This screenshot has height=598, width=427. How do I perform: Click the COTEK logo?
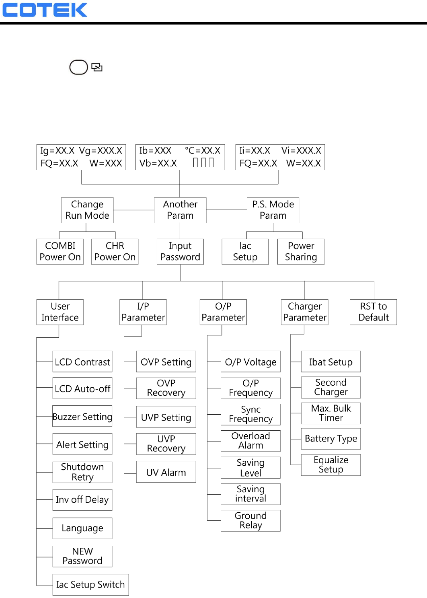(x=45, y=10)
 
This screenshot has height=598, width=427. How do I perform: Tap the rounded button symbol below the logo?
(x=79, y=67)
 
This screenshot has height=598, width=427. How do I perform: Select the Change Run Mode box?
(x=87, y=210)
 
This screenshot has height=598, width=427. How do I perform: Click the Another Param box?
(x=180, y=210)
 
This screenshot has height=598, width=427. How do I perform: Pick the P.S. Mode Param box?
(x=273, y=210)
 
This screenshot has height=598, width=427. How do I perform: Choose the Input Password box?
(x=180, y=252)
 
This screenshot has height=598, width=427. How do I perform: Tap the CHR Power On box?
(x=115, y=252)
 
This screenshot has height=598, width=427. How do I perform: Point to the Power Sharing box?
(x=301, y=252)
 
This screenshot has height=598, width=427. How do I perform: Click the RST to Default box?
(x=373, y=312)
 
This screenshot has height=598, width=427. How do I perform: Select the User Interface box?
(x=60, y=312)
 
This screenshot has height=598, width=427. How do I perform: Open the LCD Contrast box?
(x=82, y=362)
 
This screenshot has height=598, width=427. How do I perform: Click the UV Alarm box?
(x=166, y=472)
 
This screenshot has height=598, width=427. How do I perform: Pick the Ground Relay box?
(x=250, y=521)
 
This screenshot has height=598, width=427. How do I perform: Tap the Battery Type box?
(x=331, y=438)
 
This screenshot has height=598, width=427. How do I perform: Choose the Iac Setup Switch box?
(x=90, y=585)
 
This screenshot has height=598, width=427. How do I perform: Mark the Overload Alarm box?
(x=250, y=441)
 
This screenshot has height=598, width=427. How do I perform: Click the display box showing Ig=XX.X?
(x=81, y=157)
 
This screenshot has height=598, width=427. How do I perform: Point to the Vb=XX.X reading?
(x=158, y=163)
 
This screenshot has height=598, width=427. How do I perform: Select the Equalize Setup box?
(x=331, y=465)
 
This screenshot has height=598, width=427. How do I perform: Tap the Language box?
(x=82, y=528)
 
